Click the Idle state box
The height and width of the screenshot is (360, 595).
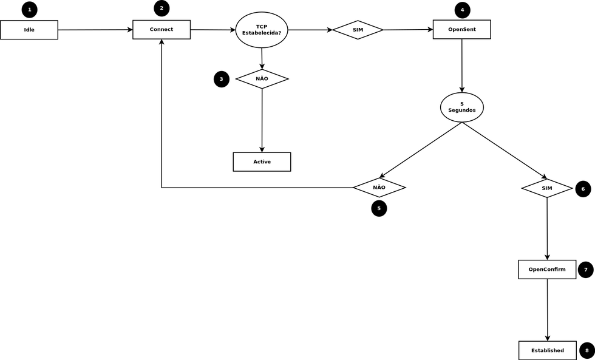[x=29, y=30]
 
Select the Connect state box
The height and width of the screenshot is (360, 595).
[x=161, y=30]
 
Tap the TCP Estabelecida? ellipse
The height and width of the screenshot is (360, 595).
[x=262, y=30]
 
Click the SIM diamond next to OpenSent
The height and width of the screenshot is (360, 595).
[x=358, y=30]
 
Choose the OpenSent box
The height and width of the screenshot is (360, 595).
[x=461, y=30]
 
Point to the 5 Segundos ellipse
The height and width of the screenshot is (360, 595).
[x=462, y=107]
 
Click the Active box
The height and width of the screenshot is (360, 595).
[x=262, y=161]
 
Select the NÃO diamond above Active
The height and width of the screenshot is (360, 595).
[x=262, y=79]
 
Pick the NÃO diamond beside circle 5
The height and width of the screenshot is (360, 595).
[x=379, y=188]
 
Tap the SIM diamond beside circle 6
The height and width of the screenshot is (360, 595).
[x=547, y=188]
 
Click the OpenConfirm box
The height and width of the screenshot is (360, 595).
[x=547, y=270]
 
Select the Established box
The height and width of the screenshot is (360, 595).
[x=547, y=350]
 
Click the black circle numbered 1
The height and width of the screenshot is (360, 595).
[x=29, y=10]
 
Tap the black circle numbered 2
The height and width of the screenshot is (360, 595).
[x=161, y=8]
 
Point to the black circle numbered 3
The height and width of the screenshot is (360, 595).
[x=222, y=80]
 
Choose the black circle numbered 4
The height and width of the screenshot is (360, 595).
[x=462, y=10]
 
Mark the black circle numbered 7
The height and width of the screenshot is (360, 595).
[x=585, y=270]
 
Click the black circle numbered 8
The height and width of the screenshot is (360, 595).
[x=586, y=350]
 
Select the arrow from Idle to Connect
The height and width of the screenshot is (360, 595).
[x=95, y=30]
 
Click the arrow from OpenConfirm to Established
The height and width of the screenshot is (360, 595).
[x=548, y=310]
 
